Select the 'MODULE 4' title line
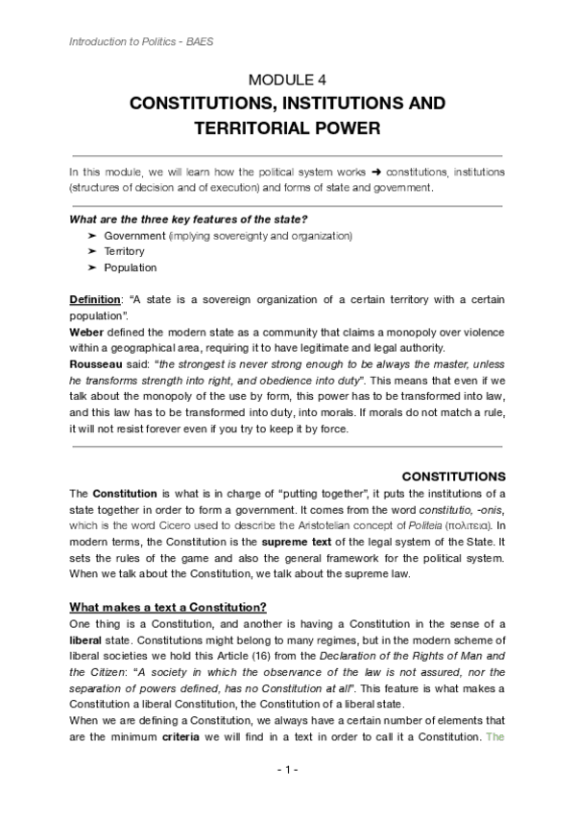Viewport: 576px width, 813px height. [x=287, y=81]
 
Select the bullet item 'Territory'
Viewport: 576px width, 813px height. [x=124, y=251]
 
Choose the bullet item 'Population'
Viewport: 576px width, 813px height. [x=130, y=267]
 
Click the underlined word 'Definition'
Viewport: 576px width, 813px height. [x=94, y=300]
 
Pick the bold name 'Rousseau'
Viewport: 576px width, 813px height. [x=95, y=364]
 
